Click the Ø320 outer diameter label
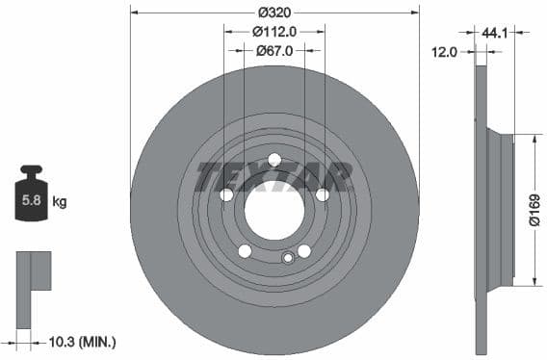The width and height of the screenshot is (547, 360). pyautogui.click(x=274, y=13)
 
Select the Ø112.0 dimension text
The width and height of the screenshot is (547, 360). pyautogui.click(x=274, y=31)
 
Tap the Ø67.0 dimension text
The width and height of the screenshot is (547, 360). pyautogui.click(x=274, y=50)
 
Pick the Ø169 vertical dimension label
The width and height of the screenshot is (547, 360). pyautogui.click(x=535, y=210)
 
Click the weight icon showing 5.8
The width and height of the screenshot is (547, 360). pyautogui.click(x=31, y=200)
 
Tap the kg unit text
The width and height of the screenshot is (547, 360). pyautogui.click(x=60, y=202)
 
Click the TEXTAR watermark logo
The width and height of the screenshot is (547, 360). pyautogui.click(x=274, y=177)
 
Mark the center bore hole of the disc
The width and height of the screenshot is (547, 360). pyautogui.click(x=274, y=210)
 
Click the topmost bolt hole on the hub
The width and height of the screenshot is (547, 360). pyautogui.click(x=274, y=160)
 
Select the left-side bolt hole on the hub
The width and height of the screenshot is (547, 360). pyautogui.click(x=226, y=194)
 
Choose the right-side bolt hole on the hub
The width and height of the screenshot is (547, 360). pyautogui.click(x=323, y=194)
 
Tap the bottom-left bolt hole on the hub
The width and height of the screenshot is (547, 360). pyautogui.click(x=245, y=251)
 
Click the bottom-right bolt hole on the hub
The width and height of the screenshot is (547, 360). pyautogui.click(x=304, y=251)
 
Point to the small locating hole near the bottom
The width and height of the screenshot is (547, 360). pyautogui.click(x=287, y=257)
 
